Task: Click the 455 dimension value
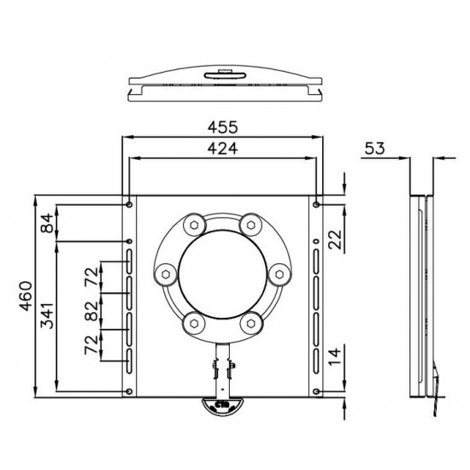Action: coord(222,126)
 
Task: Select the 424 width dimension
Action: coord(222,148)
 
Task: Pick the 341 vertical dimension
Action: coord(47,315)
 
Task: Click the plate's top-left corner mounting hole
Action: coord(128,204)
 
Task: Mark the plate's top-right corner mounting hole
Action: coord(317,204)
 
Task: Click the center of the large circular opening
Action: coord(222,273)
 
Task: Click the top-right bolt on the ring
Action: coord(250,225)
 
